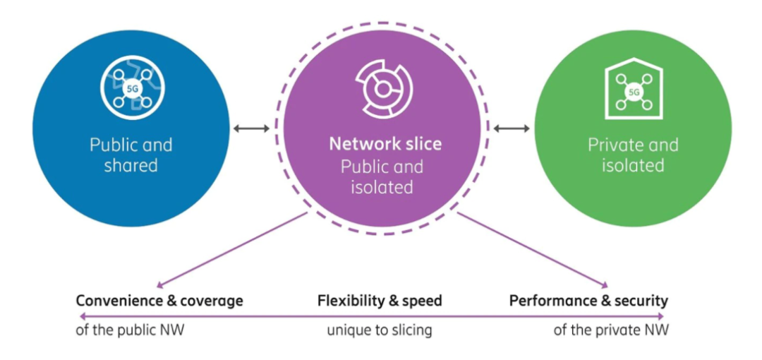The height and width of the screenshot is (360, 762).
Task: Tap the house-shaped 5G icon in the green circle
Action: pyautogui.click(x=633, y=91)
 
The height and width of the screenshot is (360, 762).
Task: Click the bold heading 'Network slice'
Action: pyautogui.click(x=385, y=144)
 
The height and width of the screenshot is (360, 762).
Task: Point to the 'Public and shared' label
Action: pyautogui.click(x=131, y=155)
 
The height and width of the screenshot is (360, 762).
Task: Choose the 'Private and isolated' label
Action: pyautogui.click(x=633, y=155)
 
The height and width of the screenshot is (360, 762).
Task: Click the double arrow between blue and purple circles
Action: pyautogui.click(x=251, y=128)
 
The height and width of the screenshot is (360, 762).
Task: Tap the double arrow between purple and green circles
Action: pyautogui.click(x=512, y=128)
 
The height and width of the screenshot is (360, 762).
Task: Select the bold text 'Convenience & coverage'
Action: pyautogui.click(x=159, y=301)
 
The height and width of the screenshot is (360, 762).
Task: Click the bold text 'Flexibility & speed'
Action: pyautogui.click(x=380, y=301)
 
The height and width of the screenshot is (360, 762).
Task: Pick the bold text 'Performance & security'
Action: pyautogui.click(x=588, y=301)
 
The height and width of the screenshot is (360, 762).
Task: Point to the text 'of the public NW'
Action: pyautogui.click(x=130, y=330)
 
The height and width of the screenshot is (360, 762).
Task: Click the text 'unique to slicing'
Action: pyautogui.click(x=380, y=330)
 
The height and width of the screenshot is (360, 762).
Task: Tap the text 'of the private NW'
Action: pyautogui.click(x=611, y=330)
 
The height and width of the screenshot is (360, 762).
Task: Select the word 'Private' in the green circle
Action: pyautogui.click(x=613, y=145)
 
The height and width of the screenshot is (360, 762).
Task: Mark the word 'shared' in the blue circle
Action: pyautogui.click(x=131, y=166)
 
